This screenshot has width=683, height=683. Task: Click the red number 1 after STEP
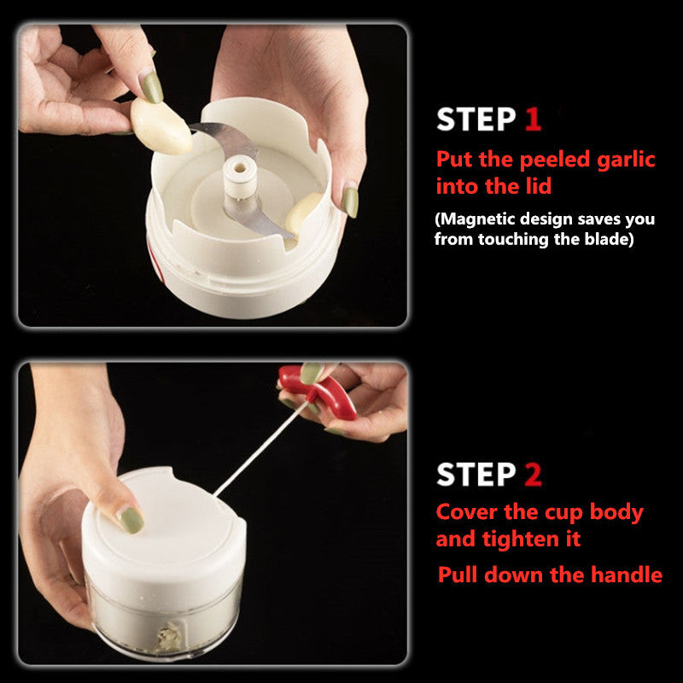click(533, 120)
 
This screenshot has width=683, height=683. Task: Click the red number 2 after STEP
click(533, 475)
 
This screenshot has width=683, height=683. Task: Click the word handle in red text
click(629, 575)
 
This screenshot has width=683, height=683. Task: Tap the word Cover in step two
click(466, 513)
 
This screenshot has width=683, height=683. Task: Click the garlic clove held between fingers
click(161, 126)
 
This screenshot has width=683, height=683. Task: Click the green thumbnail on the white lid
click(130, 520)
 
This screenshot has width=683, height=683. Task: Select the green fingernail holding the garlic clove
click(150, 88)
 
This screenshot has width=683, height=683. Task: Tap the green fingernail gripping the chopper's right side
click(350, 201)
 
